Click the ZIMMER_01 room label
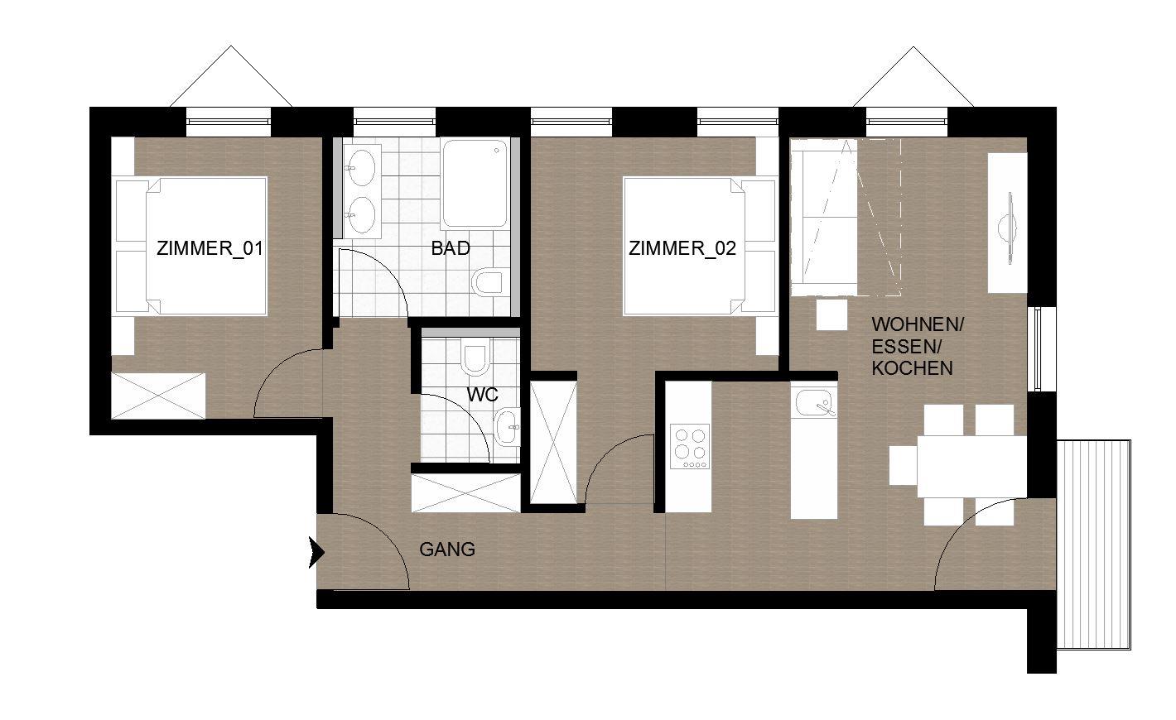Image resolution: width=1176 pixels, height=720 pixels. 210,248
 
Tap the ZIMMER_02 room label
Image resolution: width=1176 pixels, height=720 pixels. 682,248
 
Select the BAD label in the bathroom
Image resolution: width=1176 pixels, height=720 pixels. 451,248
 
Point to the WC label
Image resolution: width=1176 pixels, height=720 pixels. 483,395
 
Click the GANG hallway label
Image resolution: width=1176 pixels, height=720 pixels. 447,550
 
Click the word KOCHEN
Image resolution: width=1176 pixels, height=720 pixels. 913,368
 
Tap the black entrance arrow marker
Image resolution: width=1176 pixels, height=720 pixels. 316,553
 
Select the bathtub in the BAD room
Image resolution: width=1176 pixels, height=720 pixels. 475,183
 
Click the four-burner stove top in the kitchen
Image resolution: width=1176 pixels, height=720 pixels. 691,446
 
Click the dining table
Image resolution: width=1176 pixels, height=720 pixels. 971,466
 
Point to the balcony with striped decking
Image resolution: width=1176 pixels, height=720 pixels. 1093,545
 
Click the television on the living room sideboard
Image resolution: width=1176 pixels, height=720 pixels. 1008,228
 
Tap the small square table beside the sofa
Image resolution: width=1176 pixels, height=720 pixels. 831,314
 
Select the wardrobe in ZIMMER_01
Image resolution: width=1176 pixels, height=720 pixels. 158,396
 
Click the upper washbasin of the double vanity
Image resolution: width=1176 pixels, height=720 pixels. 361,166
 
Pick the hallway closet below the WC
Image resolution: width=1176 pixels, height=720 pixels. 466,492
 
